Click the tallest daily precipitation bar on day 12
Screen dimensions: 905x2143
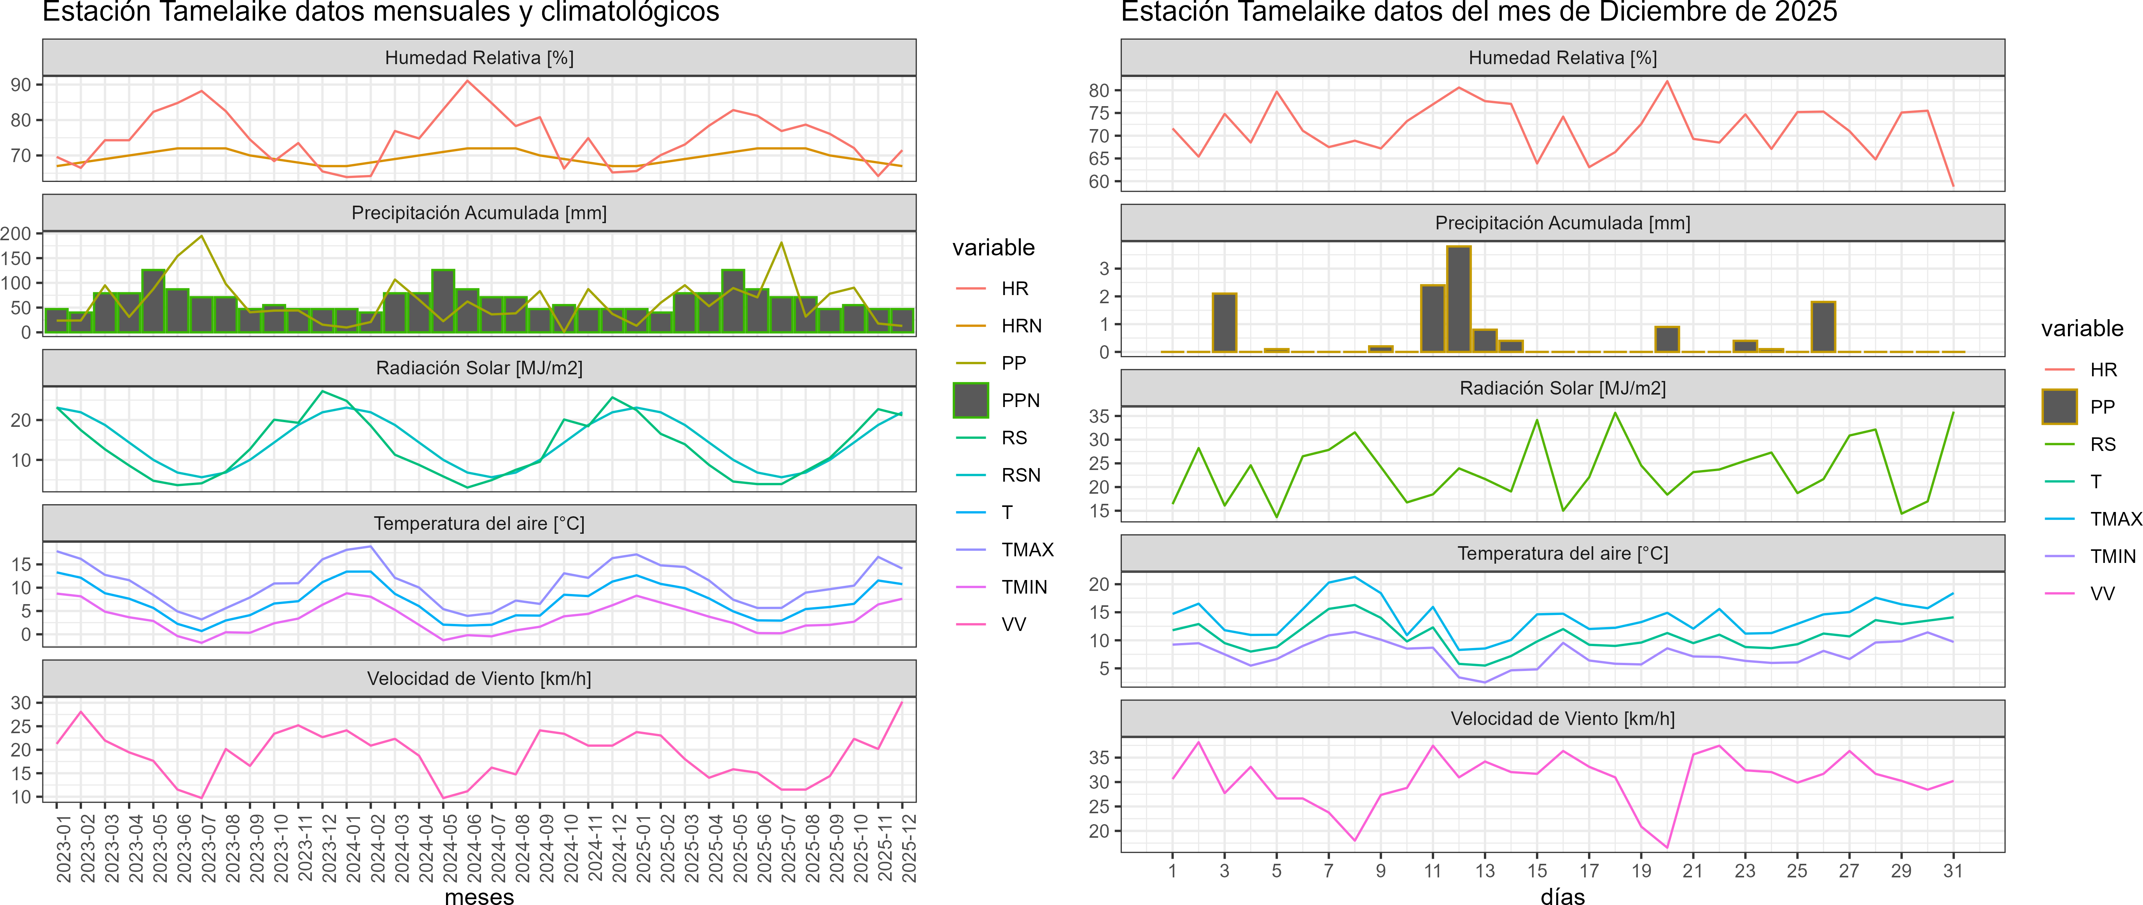pos(1458,299)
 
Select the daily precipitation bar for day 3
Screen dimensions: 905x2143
pos(1225,323)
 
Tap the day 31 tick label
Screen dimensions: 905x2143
pos(1952,871)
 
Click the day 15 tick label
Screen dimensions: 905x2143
pos(1536,871)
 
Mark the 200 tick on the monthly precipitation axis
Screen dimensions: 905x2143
pos(17,234)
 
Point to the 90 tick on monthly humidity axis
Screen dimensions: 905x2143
pos(21,85)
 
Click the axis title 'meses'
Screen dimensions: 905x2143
pos(479,896)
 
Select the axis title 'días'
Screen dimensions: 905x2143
pos(1562,896)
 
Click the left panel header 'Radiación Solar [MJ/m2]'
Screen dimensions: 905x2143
pos(479,368)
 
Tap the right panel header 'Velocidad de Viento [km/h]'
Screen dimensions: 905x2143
pos(1562,719)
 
